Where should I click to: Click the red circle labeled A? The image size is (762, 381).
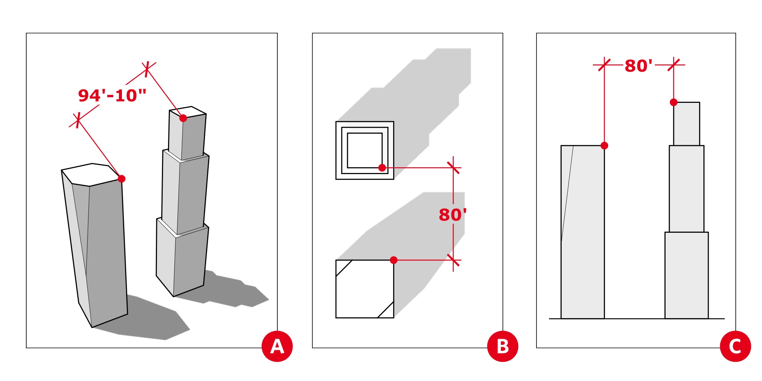click(x=277, y=346)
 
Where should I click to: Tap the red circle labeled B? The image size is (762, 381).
click(x=503, y=346)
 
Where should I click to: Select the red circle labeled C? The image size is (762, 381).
click(x=735, y=346)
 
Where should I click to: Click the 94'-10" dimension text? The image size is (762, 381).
click(x=112, y=95)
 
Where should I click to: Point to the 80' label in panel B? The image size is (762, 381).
click(x=453, y=215)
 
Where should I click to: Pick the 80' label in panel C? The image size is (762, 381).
click(x=639, y=66)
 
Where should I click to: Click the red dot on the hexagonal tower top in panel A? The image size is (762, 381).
click(x=122, y=179)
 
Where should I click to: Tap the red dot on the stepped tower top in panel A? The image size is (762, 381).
click(x=183, y=118)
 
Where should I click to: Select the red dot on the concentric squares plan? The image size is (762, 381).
click(x=382, y=168)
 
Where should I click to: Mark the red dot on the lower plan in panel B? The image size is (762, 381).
click(x=394, y=260)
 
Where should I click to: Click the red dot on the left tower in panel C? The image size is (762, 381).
click(x=604, y=146)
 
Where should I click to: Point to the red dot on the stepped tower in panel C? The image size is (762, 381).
click(x=674, y=102)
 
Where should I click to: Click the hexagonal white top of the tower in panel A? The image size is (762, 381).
click(x=91, y=175)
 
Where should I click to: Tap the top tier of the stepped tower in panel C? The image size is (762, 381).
click(x=687, y=124)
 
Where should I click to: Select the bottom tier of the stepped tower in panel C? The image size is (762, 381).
click(x=687, y=275)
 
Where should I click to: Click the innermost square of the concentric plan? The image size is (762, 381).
click(x=365, y=150)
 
